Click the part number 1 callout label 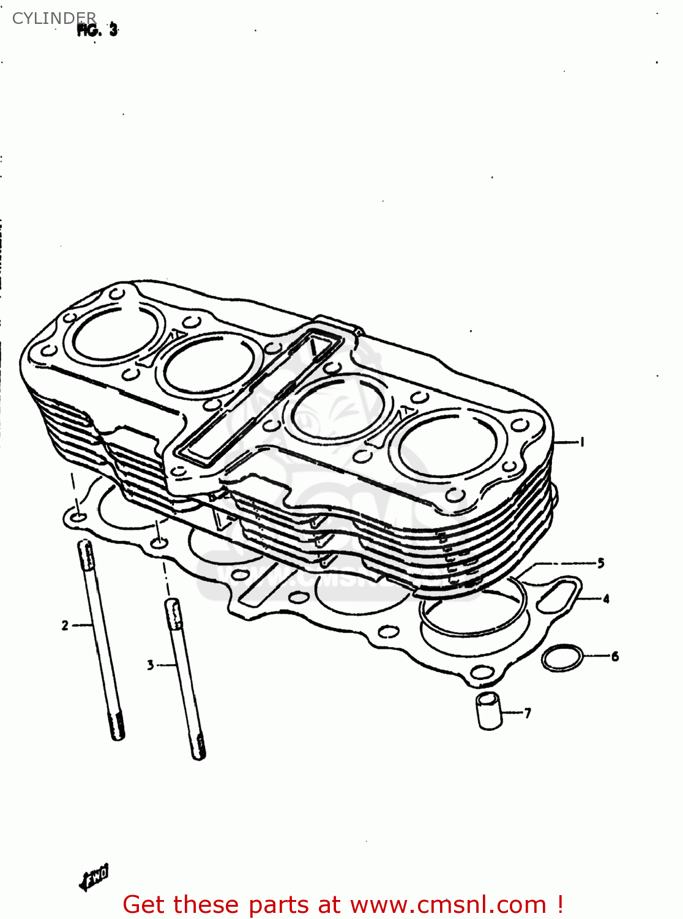[581, 442]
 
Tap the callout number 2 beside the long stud [65, 626]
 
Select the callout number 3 [151, 665]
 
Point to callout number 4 [606, 599]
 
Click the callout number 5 [600, 562]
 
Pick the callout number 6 [614, 656]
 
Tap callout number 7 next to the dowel [528, 713]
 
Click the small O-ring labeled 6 [562, 658]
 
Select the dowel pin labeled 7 [489, 711]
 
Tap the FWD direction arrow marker [94, 878]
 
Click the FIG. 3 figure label [97, 30]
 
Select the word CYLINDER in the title [54, 18]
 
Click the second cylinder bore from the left [208, 366]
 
